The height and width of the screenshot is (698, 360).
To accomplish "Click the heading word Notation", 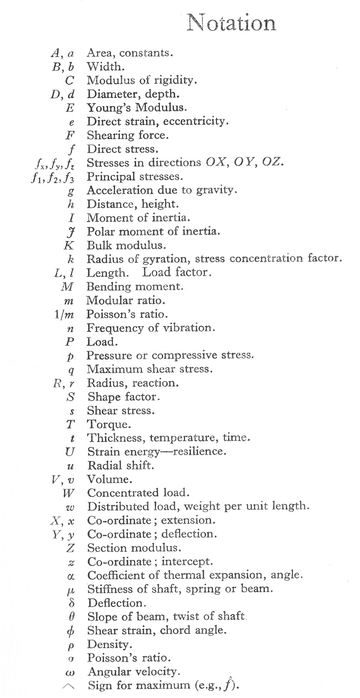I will [x=231, y=23].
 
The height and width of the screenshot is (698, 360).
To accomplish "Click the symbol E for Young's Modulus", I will [x=70, y=108].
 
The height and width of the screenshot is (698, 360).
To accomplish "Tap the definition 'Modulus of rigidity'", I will [x=142, y=80].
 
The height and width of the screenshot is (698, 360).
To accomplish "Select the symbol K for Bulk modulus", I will [x=69, y=246].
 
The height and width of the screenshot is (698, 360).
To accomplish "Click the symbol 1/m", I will [x=64, y=315].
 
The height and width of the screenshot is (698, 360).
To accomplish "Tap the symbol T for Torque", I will [x=70, y=424].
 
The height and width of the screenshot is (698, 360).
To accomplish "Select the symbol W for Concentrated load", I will [x=69, y=493].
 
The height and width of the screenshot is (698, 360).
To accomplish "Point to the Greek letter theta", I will [x=71, y=617].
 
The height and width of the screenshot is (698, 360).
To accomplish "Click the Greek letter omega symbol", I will [x=71, y=672].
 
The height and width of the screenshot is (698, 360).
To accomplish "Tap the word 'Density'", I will [x=109, y=644].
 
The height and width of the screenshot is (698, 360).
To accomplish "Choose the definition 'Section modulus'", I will [x=134, y=548].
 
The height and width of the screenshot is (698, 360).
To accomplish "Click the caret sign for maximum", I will [x=68, y=686].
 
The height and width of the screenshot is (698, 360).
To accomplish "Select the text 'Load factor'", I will [x=176, y=273].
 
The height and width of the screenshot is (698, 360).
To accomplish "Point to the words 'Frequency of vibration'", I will [x=151, y=328].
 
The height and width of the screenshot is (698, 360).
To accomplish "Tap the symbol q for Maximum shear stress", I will [x=71, y=370].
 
